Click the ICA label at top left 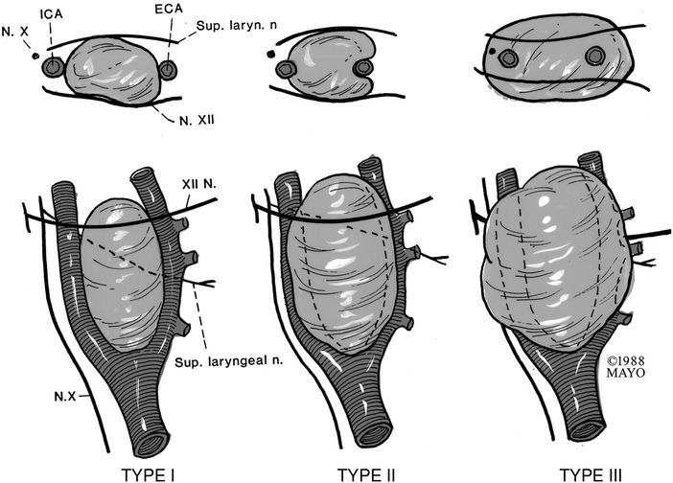(x=52, y=13)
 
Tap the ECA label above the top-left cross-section (x=169, y=9)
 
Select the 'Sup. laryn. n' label (x=237, y=25)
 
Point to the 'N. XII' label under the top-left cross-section (x=197, y=121)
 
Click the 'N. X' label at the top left (x=14, y=32)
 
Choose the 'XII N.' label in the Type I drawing (x=199, y=184)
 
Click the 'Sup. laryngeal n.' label (x=229, y=361)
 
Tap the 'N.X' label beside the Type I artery (x=65, y=397)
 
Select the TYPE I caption (x=148, y=475)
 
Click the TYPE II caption (x=366, y=475)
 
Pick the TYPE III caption (x=591, y=475)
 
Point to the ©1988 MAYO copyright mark (x=625, y=367)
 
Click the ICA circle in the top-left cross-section (x=54, y=67)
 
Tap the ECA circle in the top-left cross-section (x=168, y=70)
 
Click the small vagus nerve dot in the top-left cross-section (x=35, y=56)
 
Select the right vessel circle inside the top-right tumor (x=595, y=57)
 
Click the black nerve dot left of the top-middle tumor (x=270, y=54)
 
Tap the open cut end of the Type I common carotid (x=151, y=444)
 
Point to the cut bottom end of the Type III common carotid (x=588, y=430)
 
